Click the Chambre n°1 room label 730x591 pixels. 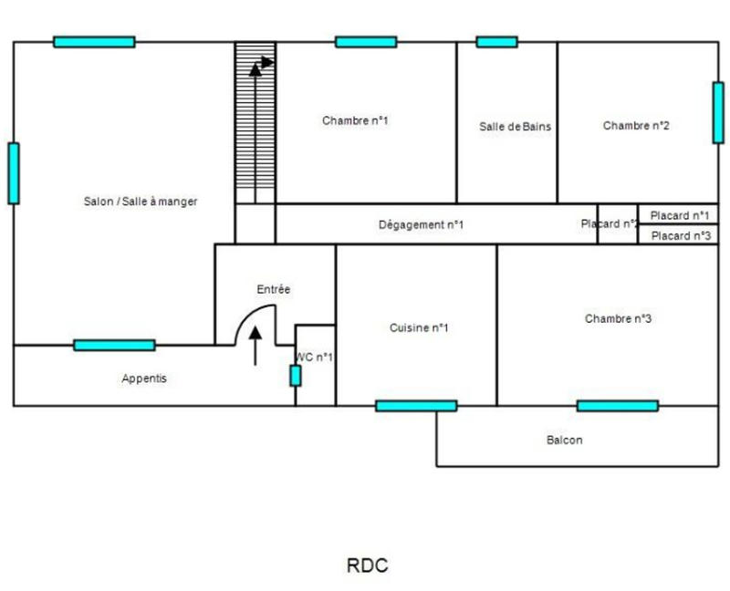pos(355,120)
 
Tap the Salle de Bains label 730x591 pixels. pos(515,127)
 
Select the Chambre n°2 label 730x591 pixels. pos(636,126)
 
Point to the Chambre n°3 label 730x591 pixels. pos(618,318)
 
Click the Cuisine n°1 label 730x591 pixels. pos(419,328)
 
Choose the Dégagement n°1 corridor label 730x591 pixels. pos(421,224)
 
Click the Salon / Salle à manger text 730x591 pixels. pos(141,202)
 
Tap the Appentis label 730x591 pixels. pos(144,378)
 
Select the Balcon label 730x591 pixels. pos(564,440)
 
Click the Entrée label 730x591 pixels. pos(273,289)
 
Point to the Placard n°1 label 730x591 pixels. pos(681,215)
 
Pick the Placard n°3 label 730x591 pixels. pos(681,235)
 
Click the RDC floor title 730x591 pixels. pos(367,565)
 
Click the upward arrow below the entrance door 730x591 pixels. pos(255,347)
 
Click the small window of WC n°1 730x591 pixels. pos(295,375)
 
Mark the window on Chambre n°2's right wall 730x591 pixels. pos(718,112)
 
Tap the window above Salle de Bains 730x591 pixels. pos(496,42)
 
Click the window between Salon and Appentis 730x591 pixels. pos(114,345)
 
